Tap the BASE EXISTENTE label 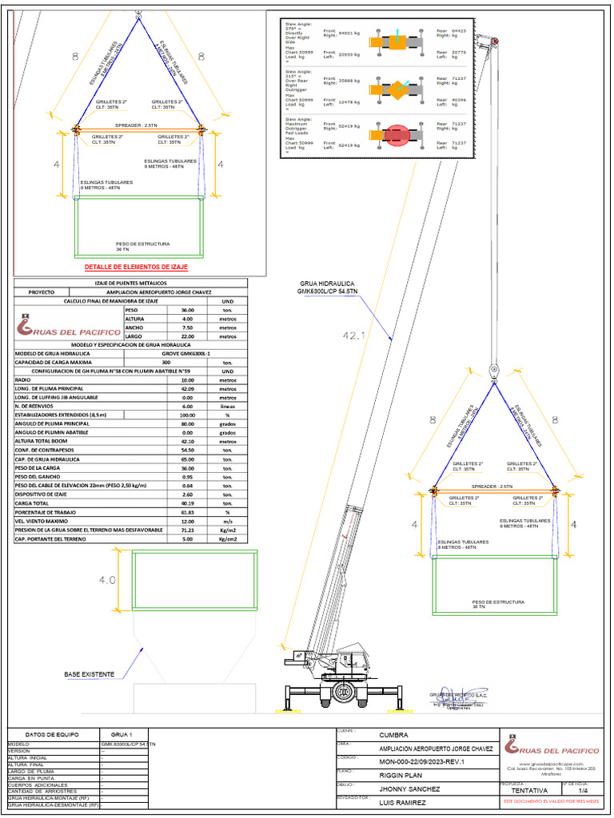(89, 675)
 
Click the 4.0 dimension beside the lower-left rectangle (108, 580)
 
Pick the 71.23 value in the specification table (188, 530)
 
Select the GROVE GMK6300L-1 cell (187, 352)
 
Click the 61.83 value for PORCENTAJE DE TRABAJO (188, 512)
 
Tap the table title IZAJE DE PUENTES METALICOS (131, 283)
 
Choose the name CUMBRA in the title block (393, 735)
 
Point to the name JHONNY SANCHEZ (409, 788)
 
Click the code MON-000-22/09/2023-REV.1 (421, 761)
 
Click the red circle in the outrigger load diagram (397, 135)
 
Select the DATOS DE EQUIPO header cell (50, 734)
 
